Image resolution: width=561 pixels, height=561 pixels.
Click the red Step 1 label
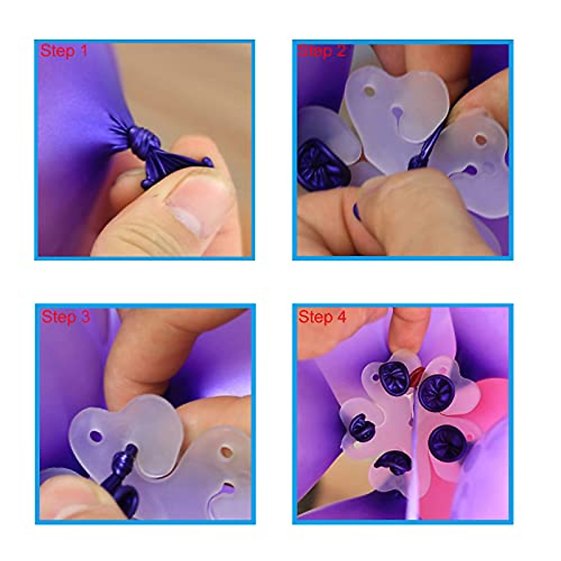[64, 50]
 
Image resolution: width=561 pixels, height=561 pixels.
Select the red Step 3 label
[65, 316]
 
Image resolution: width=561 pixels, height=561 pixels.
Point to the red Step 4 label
[322, 316]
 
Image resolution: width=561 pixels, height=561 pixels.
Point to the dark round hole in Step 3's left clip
[96, 437]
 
